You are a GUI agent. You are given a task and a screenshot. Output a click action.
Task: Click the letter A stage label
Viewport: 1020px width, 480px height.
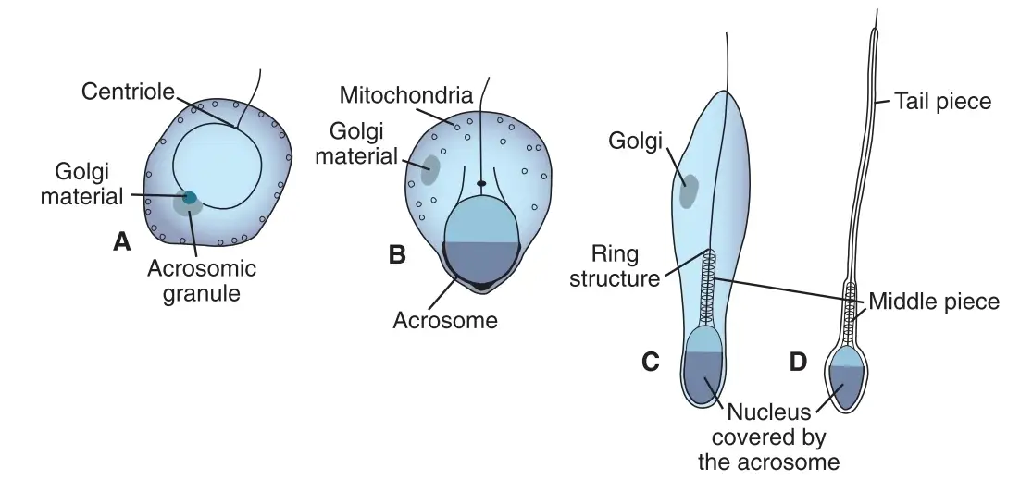pyautogui.click(x=121, y=242)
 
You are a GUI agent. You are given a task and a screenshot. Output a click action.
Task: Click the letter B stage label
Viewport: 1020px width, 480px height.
pyautogui.click(x=397, y=254)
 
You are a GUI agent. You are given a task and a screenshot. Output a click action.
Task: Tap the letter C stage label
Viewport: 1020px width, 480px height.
pyautogui.click(x=651, y=362)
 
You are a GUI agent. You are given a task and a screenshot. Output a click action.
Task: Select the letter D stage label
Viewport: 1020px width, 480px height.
pyautogui.click(x=798, y=362)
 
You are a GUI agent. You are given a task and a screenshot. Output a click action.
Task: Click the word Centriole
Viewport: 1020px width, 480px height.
pyautogui.click(x=128, y=92)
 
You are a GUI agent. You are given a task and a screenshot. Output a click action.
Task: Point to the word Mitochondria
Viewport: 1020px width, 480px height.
pyautogui.click(x=406, y=95)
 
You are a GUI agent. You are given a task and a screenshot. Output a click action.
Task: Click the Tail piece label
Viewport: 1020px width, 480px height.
pyautogui.click(x=942, y=102)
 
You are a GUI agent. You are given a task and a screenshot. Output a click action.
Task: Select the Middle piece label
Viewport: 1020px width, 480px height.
pyautogui.click(x=934, y=302)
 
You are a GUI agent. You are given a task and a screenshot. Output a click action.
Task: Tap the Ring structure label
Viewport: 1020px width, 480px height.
pyautogui.click(x=615, y=265)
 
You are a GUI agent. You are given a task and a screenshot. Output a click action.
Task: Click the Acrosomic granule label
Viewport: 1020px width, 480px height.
pyautogui.click(x=202, y=279)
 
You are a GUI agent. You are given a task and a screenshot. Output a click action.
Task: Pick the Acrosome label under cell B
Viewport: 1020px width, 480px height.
pyautogui.click(x=445, y=319)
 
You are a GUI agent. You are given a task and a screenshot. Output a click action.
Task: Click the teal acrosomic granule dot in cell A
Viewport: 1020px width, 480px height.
pyautogui.click(x=190, y=198)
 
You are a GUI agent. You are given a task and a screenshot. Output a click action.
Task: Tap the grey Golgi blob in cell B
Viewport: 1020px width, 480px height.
pyautogui.click(x=430, y=170)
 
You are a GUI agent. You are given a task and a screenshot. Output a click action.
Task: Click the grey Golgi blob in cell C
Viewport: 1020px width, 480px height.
pyautogui.click(x=689, y=191)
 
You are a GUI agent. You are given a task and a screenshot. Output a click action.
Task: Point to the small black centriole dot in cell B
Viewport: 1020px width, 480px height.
pyautogui.click(x=481, y=184)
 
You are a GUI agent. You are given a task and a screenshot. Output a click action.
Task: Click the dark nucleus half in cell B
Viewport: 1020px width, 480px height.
pyautogui.click(x=482, y=262)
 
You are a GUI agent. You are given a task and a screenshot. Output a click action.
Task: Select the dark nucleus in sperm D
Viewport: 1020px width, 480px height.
pyautogui.click(x=846, y=387)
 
